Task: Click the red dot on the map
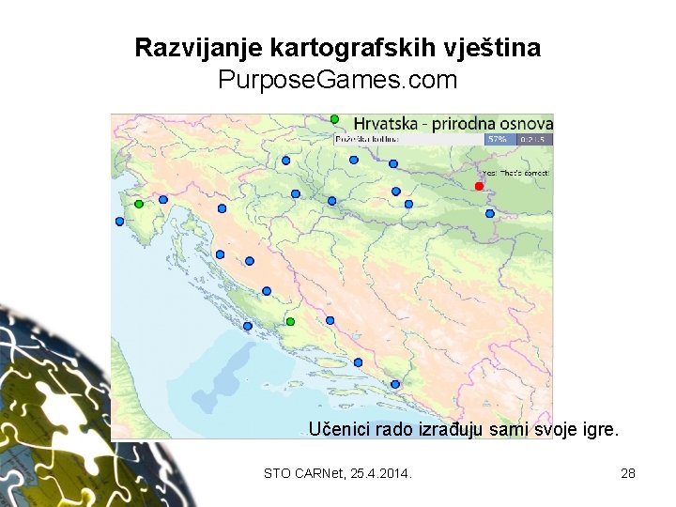(x=479, y=186)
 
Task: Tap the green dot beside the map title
(x=334, y=118)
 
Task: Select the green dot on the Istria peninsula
(x=139, y=204)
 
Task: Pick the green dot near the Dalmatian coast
(x=290, y=322)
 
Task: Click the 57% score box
(x=497, y=139)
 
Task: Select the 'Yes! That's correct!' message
(x=517, y=174)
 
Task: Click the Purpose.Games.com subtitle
(x=337, y=81)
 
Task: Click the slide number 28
(x=628, y=473)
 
